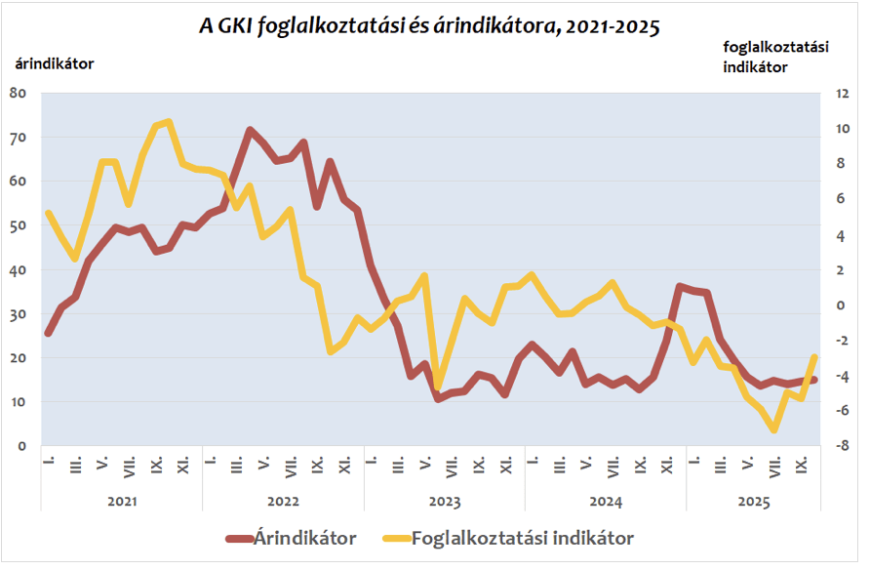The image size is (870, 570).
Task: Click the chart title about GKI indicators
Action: [x=429, y=26]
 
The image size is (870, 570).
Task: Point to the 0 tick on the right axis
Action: [x=831, y=305]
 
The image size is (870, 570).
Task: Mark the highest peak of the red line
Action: [x=250, y=130]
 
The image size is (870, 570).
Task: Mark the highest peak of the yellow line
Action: [x=169, y=122]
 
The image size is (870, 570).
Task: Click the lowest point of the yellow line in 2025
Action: [x=774, y=429]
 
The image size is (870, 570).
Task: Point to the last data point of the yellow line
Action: [x=814, y=357]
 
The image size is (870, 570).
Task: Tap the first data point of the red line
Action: [x=48, y=333]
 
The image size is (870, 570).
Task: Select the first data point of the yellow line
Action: [x=48, y=213]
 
